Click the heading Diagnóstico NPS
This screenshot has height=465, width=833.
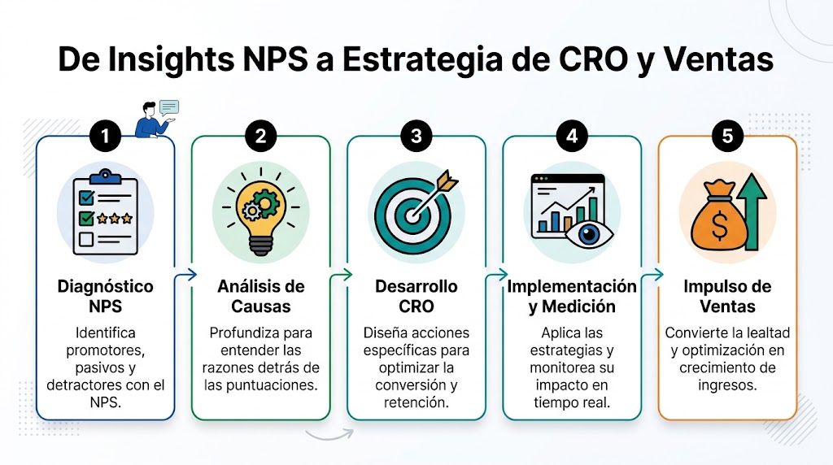pyautogui.click(x=106, y=296)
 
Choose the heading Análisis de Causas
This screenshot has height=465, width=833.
pyautogui.click(x=260, y=296)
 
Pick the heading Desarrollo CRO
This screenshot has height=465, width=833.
pyautogui.click(x=416, y=296)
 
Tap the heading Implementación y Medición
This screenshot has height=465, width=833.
pyautogui.click(x=572, y=296)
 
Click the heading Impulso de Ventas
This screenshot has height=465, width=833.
pyautogui.click(x=727, y=296)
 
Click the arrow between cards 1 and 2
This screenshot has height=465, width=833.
pyautogui.click(x=185, y=276)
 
